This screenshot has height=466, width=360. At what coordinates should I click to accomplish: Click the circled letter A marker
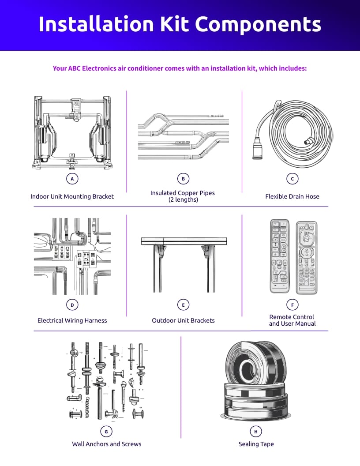pos(72,179)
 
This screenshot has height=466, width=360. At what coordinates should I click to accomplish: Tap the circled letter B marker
pos(183,179)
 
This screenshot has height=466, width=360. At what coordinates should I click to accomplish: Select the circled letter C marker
pos(292,179)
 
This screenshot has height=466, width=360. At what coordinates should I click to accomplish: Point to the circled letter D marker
pos(72,304)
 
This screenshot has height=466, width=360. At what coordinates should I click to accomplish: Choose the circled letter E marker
pos(183,304)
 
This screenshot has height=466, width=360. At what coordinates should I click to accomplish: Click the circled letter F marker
pos(292,304)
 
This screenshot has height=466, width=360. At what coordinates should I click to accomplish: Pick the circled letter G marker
pos(106,431)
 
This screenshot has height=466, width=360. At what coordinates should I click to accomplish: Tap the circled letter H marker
pos(255,431)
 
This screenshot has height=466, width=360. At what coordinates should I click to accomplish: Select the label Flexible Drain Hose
pos(292,196)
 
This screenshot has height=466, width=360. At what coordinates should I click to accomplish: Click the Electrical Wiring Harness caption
pos(72,320)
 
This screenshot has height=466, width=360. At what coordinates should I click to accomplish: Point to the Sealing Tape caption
pos(256,444)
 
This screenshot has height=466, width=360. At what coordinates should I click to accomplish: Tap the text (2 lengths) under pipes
pos(183,199)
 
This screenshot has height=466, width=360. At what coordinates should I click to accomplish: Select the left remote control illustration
pos(280,257)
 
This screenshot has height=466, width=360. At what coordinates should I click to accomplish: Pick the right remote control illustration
pos(306,258)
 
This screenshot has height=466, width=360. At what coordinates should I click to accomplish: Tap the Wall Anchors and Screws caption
pos(106,444)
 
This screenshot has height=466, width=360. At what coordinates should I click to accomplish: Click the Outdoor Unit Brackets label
pos(183,320)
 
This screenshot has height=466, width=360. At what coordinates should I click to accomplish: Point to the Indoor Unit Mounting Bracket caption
pos(72,196)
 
